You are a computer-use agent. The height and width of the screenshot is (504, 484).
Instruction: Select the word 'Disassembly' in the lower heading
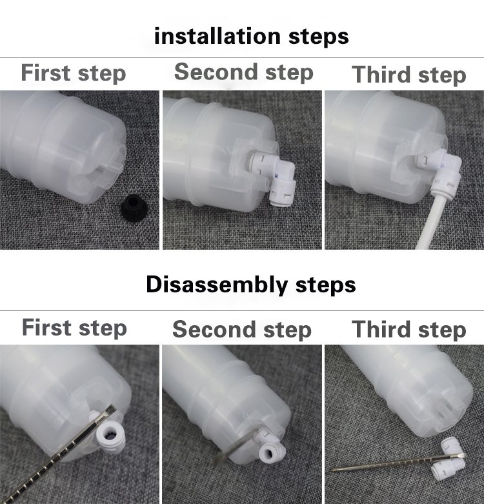point(217,285)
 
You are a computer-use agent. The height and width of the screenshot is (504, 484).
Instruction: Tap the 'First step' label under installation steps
point(74,74)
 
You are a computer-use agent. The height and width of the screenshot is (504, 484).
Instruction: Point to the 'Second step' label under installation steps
point(243,72)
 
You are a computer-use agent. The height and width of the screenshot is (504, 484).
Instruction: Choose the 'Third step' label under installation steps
point(408,75)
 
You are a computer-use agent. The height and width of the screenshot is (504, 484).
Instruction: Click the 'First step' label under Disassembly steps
point(74,328)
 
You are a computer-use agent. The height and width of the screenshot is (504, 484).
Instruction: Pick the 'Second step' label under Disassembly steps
point(242,330)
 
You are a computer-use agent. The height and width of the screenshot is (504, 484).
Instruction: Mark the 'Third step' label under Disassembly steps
point(408,330)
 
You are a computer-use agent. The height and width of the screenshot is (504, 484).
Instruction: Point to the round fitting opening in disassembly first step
point(109,437)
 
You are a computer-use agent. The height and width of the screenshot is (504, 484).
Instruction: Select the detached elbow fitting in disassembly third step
point(449,459)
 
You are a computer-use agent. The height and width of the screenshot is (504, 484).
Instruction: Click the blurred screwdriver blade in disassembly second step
point(236,446)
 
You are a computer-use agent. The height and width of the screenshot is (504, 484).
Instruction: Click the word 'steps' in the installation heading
point(319,37)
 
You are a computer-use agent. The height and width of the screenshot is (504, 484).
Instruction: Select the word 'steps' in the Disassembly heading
point(325,285)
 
